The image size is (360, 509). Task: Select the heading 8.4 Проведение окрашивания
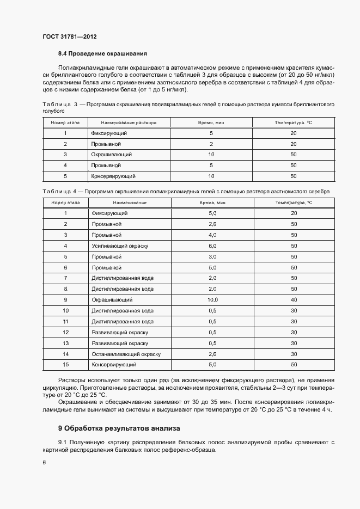click(x=102, y=53)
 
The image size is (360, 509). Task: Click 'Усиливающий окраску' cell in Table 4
click(x=120, y=246)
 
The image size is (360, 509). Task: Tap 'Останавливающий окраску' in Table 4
click(x=126, y=354)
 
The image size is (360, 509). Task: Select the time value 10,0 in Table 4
click(x=212, y=300)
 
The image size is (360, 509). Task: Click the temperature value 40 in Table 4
click(x=294, y=300)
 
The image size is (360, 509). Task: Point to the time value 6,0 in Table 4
click(x=212, y=246)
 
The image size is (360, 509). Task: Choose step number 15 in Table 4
click(x=65, y=365)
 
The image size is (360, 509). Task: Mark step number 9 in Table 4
click(x=65, y=300)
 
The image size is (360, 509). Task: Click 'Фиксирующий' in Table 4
click(x=109, y=213)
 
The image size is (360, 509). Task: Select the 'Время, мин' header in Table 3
click(x=211, y=123)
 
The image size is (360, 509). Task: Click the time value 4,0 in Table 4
click(x=212, y=235)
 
